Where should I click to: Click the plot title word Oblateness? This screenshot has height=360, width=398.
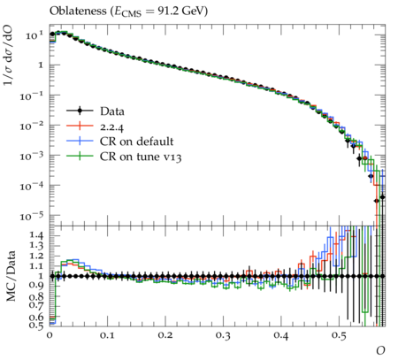point(78,11)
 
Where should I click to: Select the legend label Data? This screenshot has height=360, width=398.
point(112,111)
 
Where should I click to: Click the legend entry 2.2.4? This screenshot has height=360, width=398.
point(111,126)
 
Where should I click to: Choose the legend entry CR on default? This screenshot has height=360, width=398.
point(136,142)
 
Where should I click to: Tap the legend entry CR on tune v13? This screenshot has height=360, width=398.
point(141,157)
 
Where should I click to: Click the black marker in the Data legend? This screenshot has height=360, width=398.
point(80,111)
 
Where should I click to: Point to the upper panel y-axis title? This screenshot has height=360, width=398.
point(8,55)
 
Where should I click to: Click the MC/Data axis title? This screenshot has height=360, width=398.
point(11,276)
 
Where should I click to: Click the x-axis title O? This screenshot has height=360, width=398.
point(380,350)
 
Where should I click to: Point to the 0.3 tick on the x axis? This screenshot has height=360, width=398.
point(223,335)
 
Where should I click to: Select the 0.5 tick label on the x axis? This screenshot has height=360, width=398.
point(339,335)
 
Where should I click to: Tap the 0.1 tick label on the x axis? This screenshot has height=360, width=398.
point(108,335)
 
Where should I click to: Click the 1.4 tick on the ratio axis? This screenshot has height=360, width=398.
point(37,235)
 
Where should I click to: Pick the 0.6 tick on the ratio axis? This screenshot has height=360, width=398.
point(37,317)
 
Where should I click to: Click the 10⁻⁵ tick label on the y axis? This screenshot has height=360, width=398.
point(32,216)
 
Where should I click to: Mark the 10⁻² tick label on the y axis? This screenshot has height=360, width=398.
point(32,126)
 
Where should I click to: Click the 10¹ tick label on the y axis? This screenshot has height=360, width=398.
point(34,35)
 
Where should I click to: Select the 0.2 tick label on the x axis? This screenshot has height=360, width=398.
point(165,335)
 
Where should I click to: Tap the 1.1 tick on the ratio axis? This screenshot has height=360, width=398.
point(37,266)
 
